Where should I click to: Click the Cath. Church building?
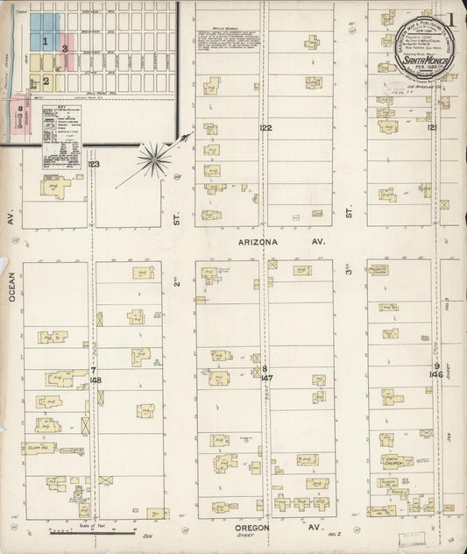pos(392,458)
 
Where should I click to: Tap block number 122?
pos(265,129)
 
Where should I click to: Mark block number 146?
pos(435,374)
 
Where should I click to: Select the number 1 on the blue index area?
pos(45,40)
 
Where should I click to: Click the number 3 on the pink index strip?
pos(64,48)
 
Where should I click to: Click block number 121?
pos(432,129)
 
